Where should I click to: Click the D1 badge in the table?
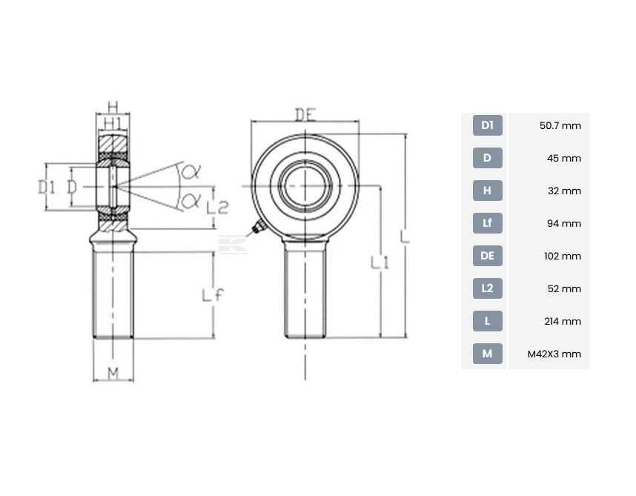[x=487, y=125]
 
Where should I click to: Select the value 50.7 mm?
[x=560, y=126]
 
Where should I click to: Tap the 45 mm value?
[x=564, y=158]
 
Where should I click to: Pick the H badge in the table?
[x=487, y=191]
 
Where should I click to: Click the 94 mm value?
[x=564, y=223]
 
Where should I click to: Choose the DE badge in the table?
[x=487, y=256]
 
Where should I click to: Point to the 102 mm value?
[x=563, y=257]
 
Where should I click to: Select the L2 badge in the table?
[x=487, y=288]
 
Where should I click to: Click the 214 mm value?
[x=563, y=321]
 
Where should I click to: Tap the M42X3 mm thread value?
[x=554, y=354]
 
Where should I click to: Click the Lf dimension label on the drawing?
[x=213, y=295]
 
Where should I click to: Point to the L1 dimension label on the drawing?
[x=380, y=262]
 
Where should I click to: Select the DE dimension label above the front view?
[x=305, y=115]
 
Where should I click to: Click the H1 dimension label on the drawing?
[x=113, y=123]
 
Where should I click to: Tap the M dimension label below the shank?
[x=113, y=373]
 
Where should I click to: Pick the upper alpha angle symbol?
[x=190, y=172]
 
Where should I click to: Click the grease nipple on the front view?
[x=257, y=228]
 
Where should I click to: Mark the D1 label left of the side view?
[x=46, y=188]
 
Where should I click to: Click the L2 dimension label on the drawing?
[x=217, y=208]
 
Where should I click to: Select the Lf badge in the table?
[x=487, y=223]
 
